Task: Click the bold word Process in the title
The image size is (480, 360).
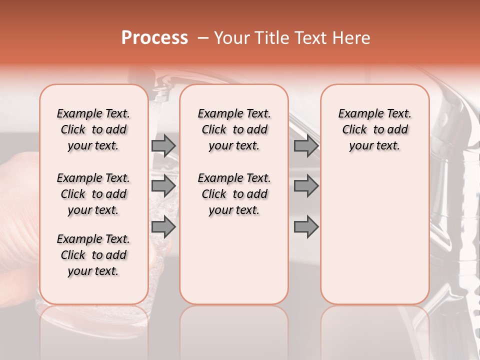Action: coord(154,38)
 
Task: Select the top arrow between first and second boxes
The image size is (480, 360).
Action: coord(163,146)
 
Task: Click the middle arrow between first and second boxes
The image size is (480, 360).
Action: coord(163,186)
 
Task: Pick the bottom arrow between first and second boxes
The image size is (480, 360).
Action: coord(163,227)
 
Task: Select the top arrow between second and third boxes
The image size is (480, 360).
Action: coord(306,146)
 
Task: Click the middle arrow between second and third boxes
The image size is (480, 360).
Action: coord(306,186)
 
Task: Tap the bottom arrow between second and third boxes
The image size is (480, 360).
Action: coord(306,227)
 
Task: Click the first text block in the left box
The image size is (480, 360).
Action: coord(93,129)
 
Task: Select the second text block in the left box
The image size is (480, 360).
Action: coord(93,194)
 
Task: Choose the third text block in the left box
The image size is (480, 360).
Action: coord(93,255)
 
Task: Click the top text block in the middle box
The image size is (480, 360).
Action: coord(234,129)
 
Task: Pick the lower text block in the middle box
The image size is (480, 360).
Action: coord(234,194)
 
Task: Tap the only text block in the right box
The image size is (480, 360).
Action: coord(374,129)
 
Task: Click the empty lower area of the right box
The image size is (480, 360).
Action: coord(374,240)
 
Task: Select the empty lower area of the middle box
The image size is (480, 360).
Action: coord(234,260)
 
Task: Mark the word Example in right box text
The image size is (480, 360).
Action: coord(357,114)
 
